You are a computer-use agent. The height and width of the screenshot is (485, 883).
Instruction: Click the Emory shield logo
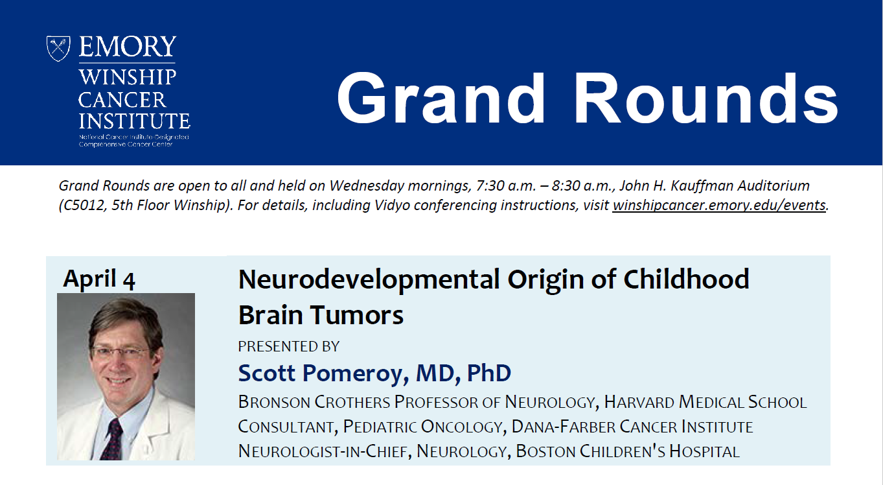58,49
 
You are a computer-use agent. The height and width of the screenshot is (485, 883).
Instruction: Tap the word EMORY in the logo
128,47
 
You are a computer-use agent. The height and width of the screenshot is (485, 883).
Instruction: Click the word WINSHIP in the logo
128,77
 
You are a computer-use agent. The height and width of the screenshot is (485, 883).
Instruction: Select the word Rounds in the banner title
705,98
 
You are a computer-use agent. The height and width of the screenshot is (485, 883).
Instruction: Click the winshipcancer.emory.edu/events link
719,205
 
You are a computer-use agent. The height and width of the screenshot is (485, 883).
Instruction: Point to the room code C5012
83,205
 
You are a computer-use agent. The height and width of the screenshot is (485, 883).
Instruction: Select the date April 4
99,279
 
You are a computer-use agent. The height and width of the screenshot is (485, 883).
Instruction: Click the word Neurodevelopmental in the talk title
369,280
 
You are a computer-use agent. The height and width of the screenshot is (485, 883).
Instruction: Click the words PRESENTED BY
288,346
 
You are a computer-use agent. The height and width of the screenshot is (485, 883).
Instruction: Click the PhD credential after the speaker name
489,373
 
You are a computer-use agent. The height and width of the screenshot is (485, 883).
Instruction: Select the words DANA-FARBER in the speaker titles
563,427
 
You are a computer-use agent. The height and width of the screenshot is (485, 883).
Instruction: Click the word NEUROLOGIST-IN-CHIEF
323,451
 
